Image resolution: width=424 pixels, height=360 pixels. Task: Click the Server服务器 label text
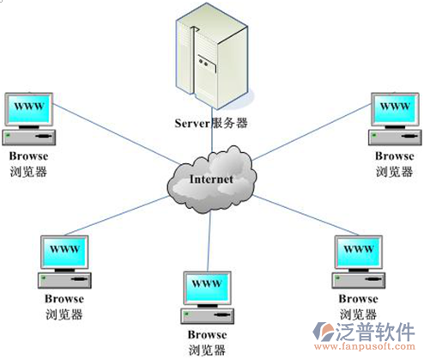(211, 123)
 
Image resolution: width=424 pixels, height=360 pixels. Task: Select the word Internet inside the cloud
(211, 180)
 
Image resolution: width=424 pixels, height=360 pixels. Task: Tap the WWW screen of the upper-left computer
(29, 109)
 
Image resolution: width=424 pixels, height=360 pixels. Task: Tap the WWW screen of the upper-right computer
(395, 109)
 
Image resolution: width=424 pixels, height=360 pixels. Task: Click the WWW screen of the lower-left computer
(64, 252)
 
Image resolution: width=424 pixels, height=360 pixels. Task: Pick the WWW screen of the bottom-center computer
(207, 288)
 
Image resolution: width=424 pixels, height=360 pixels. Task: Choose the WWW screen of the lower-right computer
(359, 252)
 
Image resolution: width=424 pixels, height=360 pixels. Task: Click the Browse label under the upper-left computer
(28, 156)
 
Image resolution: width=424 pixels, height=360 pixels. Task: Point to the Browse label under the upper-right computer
(395, 156)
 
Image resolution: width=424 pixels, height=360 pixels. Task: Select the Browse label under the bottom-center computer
(207, 335)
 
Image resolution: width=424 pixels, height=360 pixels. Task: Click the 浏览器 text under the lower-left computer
(64, 314)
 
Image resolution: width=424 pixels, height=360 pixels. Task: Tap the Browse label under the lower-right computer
(358, 299)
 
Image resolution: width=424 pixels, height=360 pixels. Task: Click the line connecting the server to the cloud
(212, 130)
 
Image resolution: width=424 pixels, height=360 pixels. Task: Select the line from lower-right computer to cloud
(306, 216)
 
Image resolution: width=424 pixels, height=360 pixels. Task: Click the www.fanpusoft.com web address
(365, 346)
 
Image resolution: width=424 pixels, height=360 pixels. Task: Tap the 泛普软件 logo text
(375, 332)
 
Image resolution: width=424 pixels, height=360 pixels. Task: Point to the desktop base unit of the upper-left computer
(29, 137)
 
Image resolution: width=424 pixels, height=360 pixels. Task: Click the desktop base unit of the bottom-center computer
(207, 316)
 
